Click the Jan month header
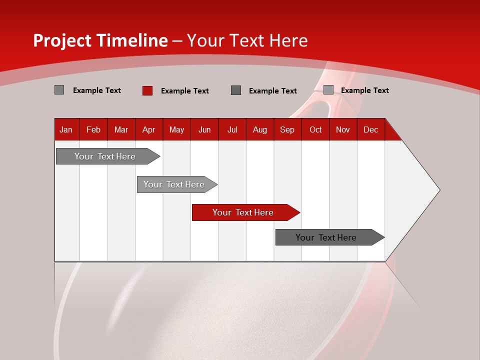[66, 129]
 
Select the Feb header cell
[93, 129]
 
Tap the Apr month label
[149, 129]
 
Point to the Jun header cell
[204, 129]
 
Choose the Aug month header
[260, 129]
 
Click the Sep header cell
[287, 129]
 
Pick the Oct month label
[315, 129]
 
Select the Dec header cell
[371, 129]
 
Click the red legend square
[147, 90]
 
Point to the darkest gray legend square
[236, 90]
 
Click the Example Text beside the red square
[185, 91]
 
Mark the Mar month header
[121, 129]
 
